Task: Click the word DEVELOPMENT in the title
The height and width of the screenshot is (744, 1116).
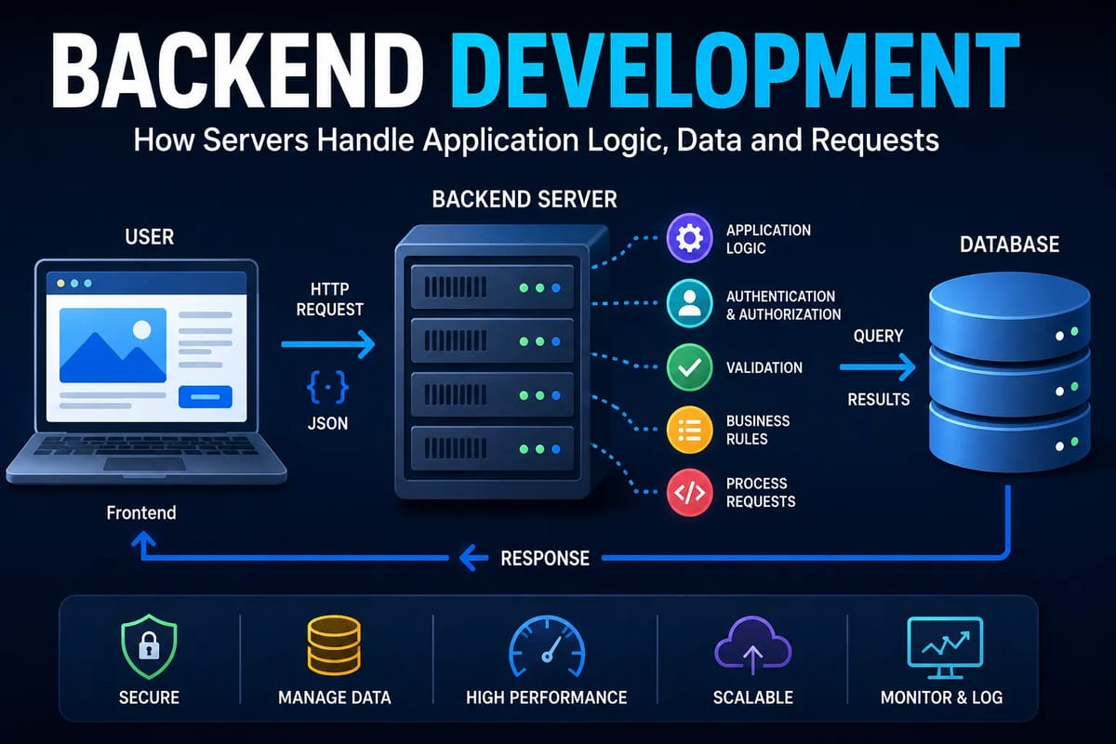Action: tap(736, 71)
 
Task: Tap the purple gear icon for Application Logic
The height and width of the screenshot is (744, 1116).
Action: tap(689, 238)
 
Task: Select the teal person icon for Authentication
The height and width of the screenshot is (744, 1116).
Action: tap(689, 303)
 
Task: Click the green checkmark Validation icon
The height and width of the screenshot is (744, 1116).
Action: tap(689, 367)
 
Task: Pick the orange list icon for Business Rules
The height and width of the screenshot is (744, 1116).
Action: tap(689, 430)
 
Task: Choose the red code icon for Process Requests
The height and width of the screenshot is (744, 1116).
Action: tap(689, 492)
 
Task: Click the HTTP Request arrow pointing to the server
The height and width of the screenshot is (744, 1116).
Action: tap(327, 344)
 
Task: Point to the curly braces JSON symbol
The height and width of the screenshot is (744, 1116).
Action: tap(327, 387)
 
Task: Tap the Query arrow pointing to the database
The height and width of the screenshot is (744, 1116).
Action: tap(877, 367)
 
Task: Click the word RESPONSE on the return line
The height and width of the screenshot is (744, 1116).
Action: tap(545, 558)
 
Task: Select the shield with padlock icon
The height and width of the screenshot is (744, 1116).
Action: tap(149, 646)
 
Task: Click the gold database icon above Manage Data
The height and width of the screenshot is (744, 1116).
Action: tap(334, 645)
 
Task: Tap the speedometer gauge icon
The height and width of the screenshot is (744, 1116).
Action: tap(547, 646)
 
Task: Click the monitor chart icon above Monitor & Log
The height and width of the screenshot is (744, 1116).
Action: tap(945, 647)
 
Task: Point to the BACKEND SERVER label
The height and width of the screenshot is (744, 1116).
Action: tap(525, 199)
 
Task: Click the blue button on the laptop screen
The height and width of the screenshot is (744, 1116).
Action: tap(206, 397)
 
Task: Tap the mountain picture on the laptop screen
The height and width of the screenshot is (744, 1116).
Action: tap(113, 345)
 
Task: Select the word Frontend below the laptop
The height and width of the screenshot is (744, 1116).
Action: tap(141, 512)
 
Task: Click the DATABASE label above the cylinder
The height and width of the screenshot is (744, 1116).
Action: tap(1009, 245)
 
